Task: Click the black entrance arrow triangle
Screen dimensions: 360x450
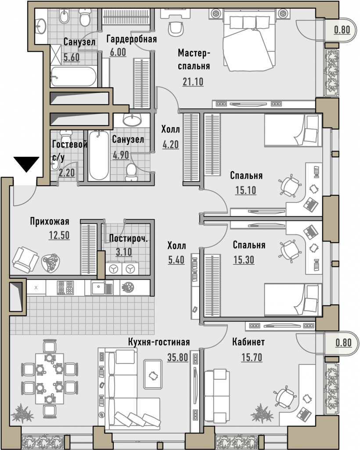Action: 26,164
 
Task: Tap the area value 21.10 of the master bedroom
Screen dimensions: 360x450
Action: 193,82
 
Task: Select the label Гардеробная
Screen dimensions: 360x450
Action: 132,39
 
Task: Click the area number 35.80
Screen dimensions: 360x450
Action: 178,358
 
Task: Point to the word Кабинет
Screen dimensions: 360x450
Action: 248,342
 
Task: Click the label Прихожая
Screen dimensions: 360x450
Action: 50,222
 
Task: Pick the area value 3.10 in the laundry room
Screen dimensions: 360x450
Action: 124,252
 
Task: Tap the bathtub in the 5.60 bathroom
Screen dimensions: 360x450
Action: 73,76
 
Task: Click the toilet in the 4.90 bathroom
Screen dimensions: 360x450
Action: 131,172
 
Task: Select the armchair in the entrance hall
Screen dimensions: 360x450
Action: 25,259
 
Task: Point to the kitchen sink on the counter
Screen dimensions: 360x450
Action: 102,288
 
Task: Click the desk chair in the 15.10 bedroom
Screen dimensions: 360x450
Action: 290,186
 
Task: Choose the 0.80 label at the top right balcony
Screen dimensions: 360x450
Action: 342,29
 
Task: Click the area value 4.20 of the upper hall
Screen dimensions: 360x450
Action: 170,144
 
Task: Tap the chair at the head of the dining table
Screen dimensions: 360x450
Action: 50,346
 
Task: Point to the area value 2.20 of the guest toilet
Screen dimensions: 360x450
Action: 67,173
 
